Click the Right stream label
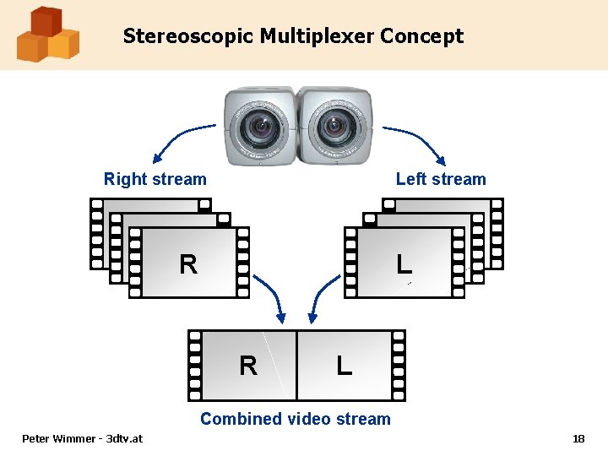point(155,179)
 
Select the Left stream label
point(441,179)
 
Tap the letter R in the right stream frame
point(188,264)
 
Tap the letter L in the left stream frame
point(404,263)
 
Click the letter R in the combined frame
point(247,366)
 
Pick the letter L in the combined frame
point(344,366)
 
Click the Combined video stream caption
point(296,419)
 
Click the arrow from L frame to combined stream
point(320,298)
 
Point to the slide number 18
point(578,438)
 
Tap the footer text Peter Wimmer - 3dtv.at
point(82,438)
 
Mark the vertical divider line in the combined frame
point(296,365)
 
